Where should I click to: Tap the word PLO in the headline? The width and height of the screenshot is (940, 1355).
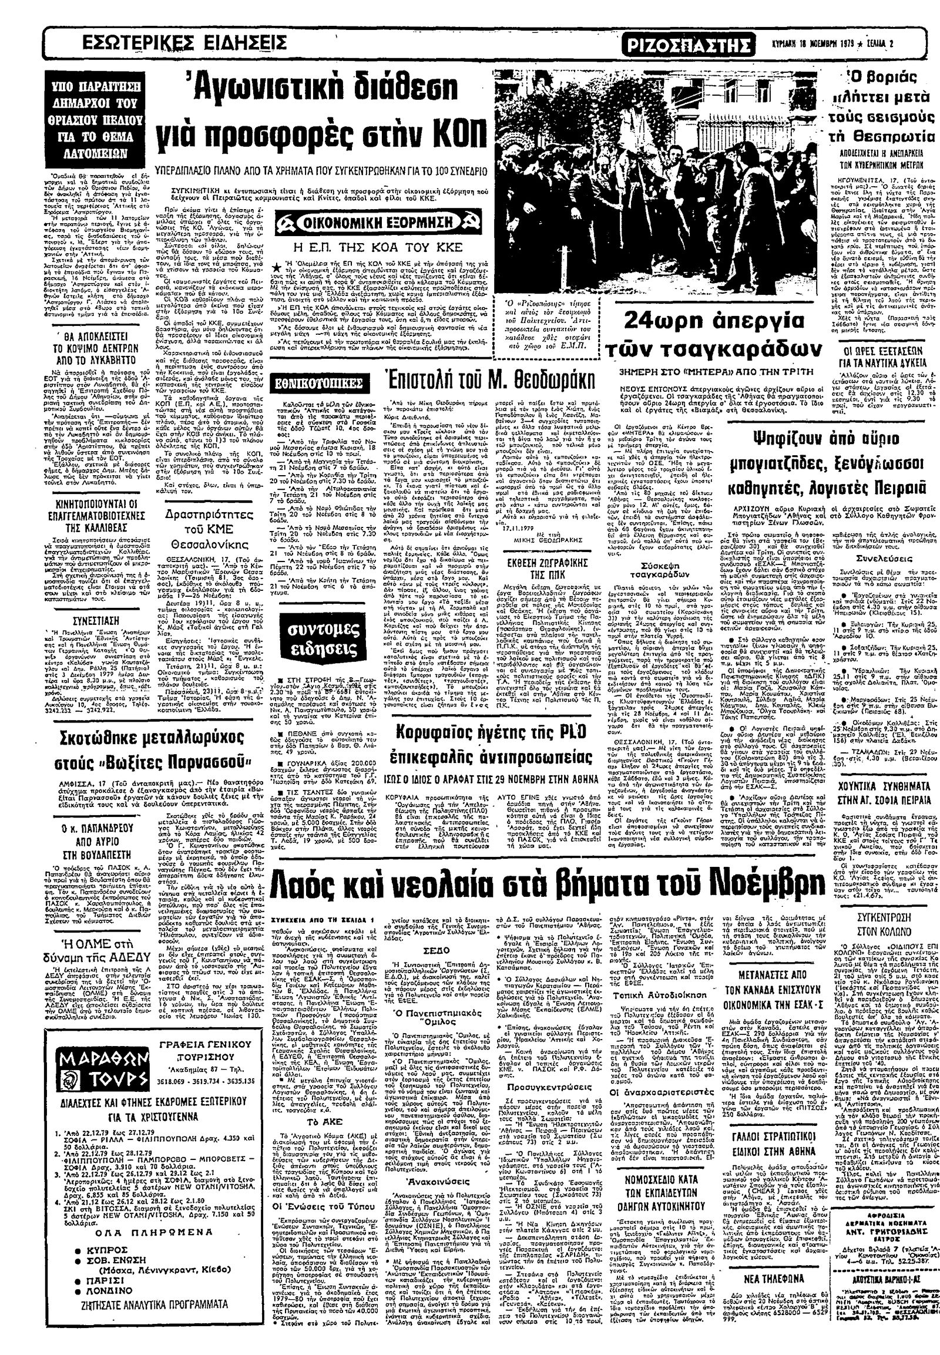pos(556,732)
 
